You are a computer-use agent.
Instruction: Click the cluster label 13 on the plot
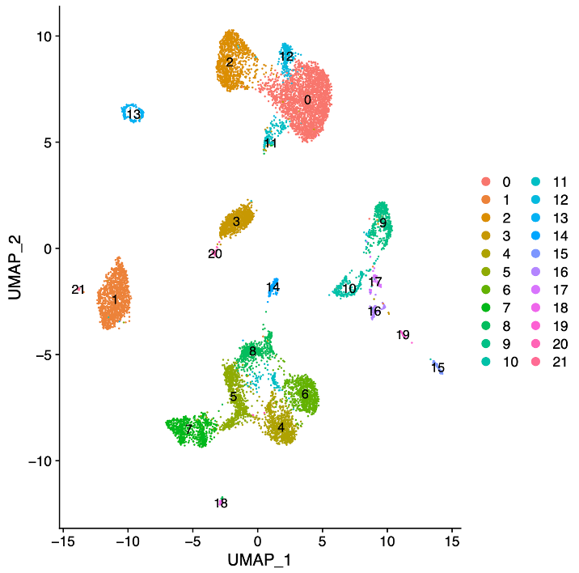pyautogui.click(x=134, y=115)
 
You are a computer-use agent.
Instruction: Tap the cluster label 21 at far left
pyautogui.click(x=78, y=290)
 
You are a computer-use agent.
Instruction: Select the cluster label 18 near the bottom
pyautogui.click(x=221, y=503)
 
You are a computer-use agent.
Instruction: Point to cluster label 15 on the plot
pyautogui.click(x=437, y=368)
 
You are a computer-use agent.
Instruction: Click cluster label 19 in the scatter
pyautogui.click(x=404, y=335)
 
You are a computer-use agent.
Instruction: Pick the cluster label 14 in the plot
pyautogui.click(x=273, y=287)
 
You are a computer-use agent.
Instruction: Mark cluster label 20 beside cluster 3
pyautogui.click(x=214, y=254)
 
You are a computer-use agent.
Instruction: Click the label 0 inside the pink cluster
pyautogui.click(x=307, y=100)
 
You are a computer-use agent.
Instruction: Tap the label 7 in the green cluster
pyautogui.click(x=188, y=430)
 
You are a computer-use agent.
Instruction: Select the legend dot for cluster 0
pyautogui.click(x=485, y=181)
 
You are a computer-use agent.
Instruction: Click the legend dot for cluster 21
pyautogui.click(x=532, y=362)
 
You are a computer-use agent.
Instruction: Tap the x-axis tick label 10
pyautogui.click(x=387, y=540)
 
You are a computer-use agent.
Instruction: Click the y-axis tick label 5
pyautogui.click(x=48, y=142)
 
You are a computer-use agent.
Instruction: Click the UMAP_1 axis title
pyautogui.click(x=256, y=559)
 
